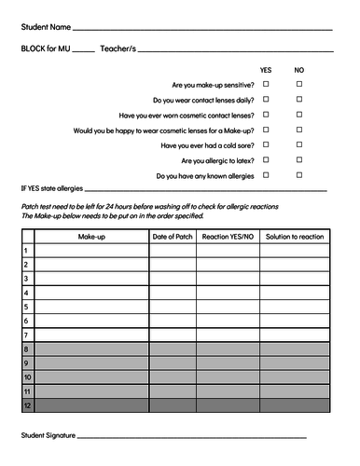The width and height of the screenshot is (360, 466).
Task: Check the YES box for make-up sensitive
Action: coord(266,84)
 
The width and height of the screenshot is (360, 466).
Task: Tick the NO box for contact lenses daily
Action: coord(299,99)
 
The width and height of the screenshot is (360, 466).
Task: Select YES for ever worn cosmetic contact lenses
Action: coord(266,115)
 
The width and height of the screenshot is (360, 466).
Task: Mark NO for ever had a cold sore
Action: coord(299,144)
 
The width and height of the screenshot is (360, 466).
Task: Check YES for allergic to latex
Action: coord(266,159)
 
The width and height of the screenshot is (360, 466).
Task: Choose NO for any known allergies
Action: coord(299,174)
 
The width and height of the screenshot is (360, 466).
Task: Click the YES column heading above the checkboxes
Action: coord(266,70)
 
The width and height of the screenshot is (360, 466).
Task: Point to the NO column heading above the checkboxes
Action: coord(299,70)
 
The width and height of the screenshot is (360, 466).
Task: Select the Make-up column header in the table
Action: coord(91,237)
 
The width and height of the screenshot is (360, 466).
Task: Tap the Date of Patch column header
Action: coord(173,237)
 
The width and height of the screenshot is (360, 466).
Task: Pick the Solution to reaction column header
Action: coord(294,237)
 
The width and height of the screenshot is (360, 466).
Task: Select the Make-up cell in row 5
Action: coord(91,307)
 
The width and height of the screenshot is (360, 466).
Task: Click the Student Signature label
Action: coord(48,436)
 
